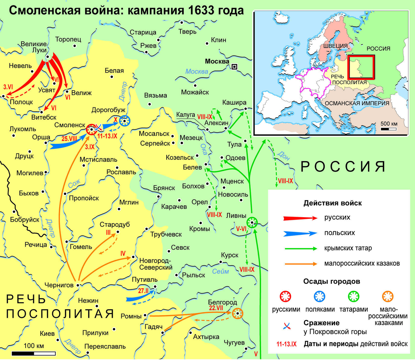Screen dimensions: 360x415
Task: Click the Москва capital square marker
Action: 235,66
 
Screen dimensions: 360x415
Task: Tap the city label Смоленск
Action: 70,125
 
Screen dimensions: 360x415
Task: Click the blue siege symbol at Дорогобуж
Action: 124,121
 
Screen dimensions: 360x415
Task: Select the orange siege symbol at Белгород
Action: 238,314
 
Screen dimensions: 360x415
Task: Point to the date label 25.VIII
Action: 69,139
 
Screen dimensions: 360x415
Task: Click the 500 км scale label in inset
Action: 389,124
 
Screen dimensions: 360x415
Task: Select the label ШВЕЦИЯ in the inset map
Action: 335,46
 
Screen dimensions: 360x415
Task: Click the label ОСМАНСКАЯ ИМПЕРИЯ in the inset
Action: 357,103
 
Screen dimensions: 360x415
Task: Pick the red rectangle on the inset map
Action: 361,67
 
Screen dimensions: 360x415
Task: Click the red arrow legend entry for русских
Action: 300,218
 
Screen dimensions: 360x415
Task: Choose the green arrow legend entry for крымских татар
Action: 300,248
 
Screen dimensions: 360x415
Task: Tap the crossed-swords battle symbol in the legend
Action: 286,325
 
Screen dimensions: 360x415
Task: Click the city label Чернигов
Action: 59,285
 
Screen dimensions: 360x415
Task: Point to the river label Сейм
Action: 220,271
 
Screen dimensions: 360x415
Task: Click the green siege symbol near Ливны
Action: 252,222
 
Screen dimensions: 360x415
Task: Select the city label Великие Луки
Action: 34,47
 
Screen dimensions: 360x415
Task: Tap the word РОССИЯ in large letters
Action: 343,166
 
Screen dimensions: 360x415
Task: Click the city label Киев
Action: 47,333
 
